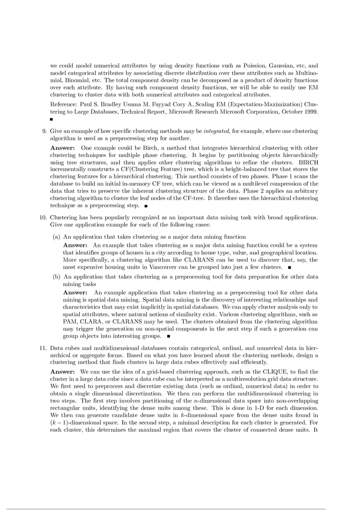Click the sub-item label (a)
[x=57, y=237]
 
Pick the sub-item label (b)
[x=57, y=277]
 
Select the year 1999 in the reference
[x=311, y=112]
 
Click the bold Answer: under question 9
[x=63, y=148]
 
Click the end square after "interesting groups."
[x=168, y=337]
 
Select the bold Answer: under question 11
[x=63, y=372]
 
